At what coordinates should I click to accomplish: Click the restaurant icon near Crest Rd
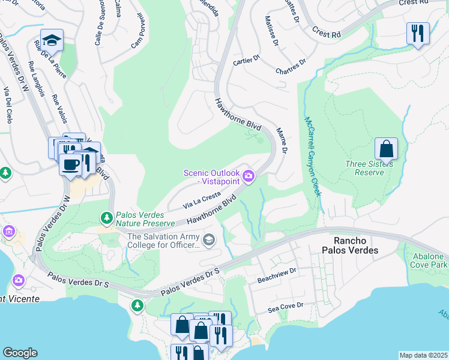pos(418,33)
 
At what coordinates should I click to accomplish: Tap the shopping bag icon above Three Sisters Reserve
pos(386,148)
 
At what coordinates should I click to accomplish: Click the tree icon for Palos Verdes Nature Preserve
pos(107,217)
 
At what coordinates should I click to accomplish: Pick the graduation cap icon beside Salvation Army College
pos(208,241)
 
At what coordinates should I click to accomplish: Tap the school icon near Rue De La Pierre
pos(52,40)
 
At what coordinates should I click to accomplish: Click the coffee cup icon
pos(70,164)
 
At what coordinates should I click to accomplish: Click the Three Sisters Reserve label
pos(373,168)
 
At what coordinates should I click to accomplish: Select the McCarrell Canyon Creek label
pos(312,156)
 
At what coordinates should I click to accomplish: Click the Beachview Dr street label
pos(277,272)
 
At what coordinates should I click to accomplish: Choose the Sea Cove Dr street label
pos(286,307)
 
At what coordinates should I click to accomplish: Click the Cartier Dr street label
pos(246,60)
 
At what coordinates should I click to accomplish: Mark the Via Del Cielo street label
pos(8,105)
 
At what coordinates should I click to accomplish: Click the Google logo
pos(20,352)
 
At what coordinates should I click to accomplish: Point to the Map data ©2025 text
pos(423,355)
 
